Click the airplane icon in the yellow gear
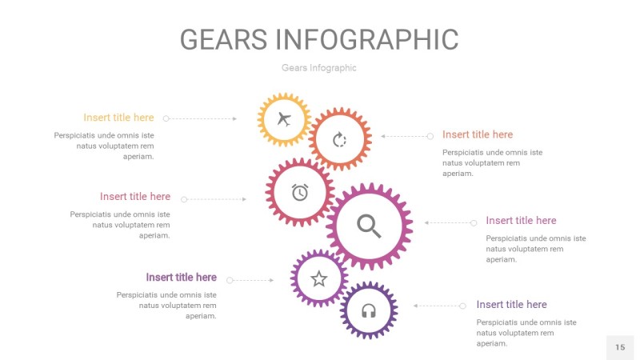point(283,120)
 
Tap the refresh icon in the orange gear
point(339,140)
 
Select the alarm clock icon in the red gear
point(300,192)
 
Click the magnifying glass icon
point(369,226)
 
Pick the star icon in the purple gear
point(319,278)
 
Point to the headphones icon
point(369,310)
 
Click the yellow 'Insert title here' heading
point(118,118)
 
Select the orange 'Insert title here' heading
point(478,134)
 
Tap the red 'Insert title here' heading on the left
point(135,196)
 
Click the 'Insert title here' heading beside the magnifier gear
point(521,220)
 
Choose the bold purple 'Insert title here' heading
point(181,278)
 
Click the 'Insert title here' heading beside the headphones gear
point(511,304)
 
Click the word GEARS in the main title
point(223,39)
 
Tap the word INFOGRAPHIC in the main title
point(367,39)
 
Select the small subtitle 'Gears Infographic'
point(319,68)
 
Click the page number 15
point(620,347)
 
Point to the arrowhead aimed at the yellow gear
point(234,118)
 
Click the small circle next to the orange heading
point(430,136)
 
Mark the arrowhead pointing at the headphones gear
point(415,306)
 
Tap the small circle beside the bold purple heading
point(230,280)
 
